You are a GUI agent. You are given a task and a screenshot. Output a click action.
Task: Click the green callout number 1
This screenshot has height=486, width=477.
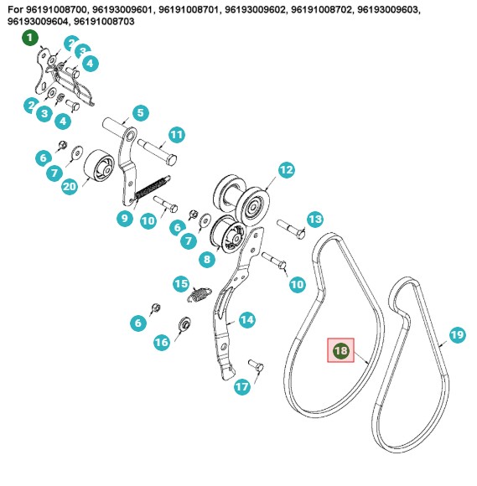coord(30,38)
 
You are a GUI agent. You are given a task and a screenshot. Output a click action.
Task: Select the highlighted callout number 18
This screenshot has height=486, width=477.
coord(340,350)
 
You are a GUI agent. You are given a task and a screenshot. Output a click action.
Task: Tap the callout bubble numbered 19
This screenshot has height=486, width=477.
coord(458,334)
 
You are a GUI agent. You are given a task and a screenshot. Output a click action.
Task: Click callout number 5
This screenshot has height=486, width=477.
coord(140,113)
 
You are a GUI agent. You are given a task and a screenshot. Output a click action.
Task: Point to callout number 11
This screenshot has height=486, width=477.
coord(177,135)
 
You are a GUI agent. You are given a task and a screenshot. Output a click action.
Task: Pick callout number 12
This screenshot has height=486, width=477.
coord(286,170)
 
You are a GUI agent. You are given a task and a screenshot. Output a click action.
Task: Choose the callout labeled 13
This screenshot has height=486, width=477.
coord(315,220)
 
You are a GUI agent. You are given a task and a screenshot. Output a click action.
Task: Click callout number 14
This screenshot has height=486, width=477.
coord(246,319)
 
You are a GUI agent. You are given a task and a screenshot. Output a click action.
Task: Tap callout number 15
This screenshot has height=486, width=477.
coord(181,283)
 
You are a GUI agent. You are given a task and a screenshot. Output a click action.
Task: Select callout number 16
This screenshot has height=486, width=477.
coord(162,342)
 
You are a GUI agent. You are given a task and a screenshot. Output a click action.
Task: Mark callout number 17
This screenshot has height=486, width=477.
coord(242,386)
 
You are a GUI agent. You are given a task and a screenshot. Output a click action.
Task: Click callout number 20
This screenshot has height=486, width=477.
coord(70,186)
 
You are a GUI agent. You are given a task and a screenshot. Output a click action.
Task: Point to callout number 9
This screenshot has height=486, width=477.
coord(124,218)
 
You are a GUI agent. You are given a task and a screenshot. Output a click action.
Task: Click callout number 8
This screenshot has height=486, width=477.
coord(207,259)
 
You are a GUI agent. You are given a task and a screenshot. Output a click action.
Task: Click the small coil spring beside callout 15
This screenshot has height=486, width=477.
coord(200,294)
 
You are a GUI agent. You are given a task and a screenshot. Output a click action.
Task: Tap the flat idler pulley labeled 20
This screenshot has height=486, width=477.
coord(99,166)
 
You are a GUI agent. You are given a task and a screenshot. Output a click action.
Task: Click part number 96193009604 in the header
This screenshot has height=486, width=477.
coord(38,22)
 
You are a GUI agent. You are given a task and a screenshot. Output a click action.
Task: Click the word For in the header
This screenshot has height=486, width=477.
coord(15,9)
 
